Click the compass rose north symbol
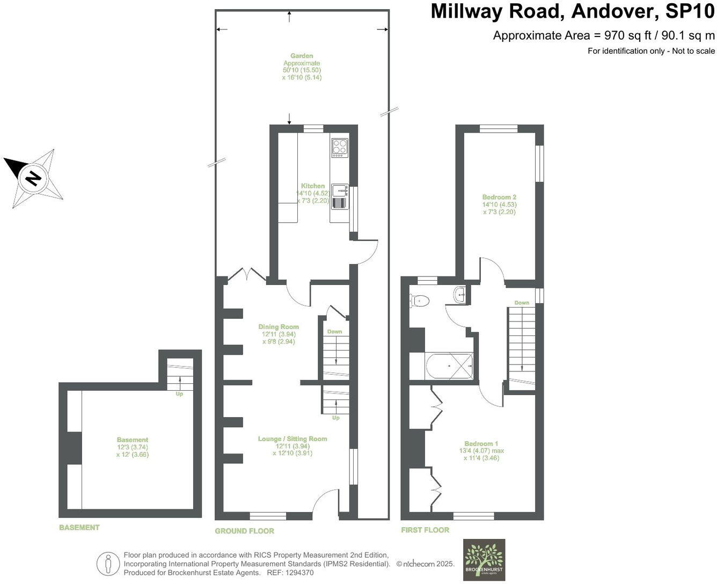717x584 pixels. coord(34,178)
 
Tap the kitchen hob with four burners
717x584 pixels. coord(340,147)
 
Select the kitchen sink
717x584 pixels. coord(340,191)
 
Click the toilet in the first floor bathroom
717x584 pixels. coord(419,301)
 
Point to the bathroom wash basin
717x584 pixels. coord(460,294)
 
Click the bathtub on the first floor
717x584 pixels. coord(449,367)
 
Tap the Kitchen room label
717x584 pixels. coord(312,186)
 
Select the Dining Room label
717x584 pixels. coord(278,327)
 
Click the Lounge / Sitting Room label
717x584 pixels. coord(292,439)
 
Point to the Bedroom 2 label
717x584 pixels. coord(499,197)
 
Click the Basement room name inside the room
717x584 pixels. coord(132,440)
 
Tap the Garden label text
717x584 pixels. coord(302,56)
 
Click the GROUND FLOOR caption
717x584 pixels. coord(244,531)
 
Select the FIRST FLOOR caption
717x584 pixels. coord(425,530)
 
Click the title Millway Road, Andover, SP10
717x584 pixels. coord(573,12)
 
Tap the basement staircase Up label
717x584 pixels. coord(179,394)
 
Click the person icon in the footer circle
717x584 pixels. coord(108,564)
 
